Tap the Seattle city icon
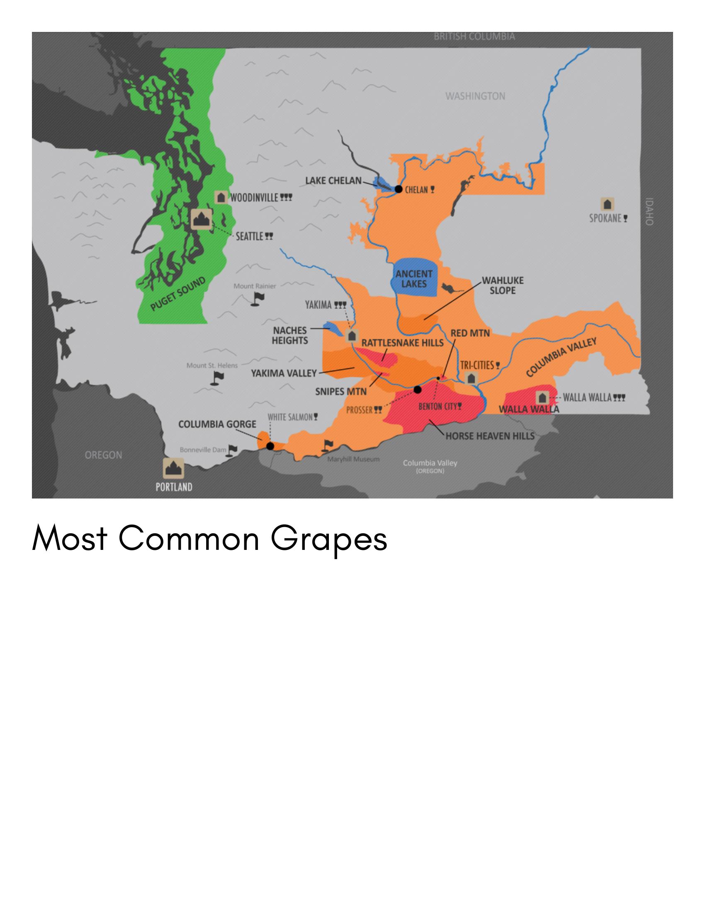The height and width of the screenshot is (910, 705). click(x=202, y=219)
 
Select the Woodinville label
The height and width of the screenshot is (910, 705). click(x=254, y=198)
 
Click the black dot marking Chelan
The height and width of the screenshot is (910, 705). click(x=398, y=189)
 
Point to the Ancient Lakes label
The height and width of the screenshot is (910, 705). click(x=414, y=279)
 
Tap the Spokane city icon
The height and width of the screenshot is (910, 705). click(x=608, y=204)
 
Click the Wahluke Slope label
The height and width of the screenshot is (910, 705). click(x=502, y=286)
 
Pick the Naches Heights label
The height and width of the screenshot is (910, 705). click(x=290, y=335)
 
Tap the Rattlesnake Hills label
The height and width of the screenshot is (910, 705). click(x=402, y=343)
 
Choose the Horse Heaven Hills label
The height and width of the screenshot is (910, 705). click(x=490, y=436)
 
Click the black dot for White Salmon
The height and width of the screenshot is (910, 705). click(x=270, y=446)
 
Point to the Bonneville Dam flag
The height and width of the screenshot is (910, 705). click(x=232, y=450)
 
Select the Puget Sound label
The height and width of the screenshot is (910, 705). click(x=178, y=294)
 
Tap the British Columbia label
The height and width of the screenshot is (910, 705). click(x=474, y=36)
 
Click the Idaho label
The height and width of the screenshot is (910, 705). click(x=649, y=212)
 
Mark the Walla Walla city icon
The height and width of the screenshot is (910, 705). click(x=542, y=397)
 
